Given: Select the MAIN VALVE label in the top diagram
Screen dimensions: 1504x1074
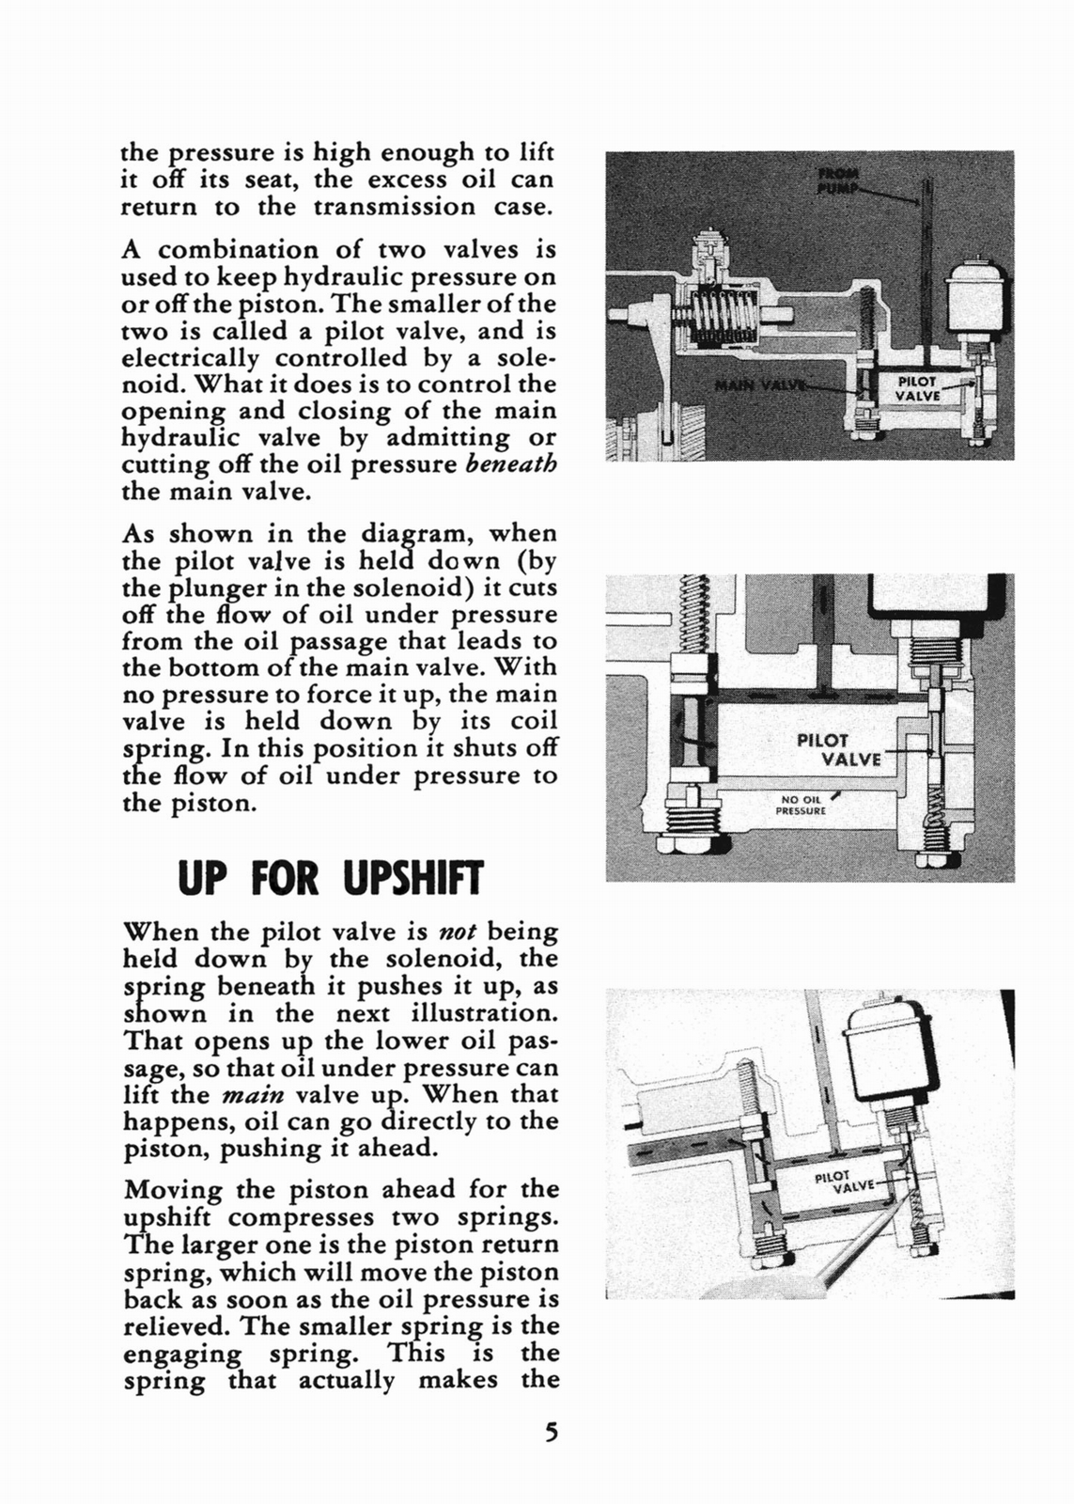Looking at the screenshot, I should point(752,385).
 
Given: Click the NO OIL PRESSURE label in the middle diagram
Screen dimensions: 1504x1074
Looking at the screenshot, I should point(801,806).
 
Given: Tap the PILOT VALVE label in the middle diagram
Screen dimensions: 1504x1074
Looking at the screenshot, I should point(836,749).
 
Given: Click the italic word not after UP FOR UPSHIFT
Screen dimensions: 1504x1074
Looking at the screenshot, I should point(459,932).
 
